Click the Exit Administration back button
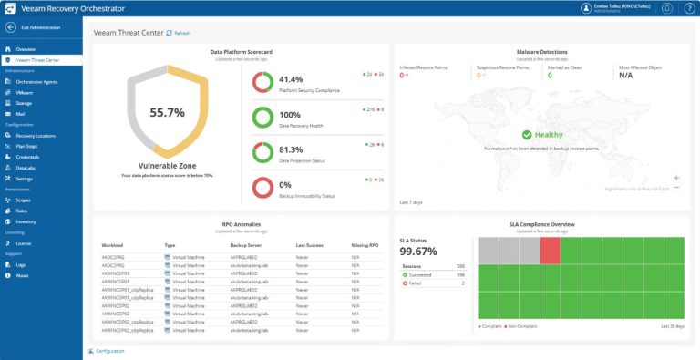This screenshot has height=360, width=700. point(11,28)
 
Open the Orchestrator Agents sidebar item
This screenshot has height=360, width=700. point(36,81)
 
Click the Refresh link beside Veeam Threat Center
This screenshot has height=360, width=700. point(179,33)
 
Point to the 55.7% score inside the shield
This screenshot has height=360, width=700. point(168,113)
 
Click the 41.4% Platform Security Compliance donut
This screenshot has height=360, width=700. point(262,82)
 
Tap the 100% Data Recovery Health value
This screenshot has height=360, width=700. point(290,115)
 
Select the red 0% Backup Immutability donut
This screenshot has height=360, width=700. point(262,188)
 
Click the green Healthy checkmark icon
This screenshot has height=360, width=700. point(528,134)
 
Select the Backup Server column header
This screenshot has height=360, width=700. point(247,245)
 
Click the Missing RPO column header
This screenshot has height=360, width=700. point(365,245)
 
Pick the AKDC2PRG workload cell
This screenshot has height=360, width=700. point(112,258)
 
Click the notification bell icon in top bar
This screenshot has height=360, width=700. point(666,8)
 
